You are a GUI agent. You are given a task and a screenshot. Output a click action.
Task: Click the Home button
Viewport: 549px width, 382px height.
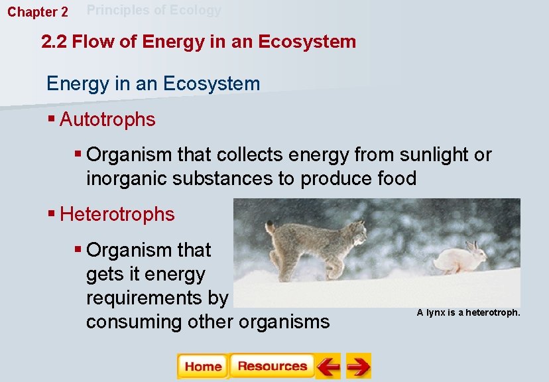pos(203,366)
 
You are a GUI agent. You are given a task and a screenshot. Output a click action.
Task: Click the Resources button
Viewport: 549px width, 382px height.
pos(272,366)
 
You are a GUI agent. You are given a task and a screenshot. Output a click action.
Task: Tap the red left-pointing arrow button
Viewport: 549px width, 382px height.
pos(328,366)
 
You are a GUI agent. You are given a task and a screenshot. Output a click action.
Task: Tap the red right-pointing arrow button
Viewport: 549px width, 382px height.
pos(359,366)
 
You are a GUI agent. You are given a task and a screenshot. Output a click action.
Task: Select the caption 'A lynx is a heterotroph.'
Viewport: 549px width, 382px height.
pos(468,312)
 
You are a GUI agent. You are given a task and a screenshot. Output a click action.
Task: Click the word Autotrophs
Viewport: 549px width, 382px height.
pos(107,120)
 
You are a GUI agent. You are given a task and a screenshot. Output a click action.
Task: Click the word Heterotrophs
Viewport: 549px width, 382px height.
pos(117,215)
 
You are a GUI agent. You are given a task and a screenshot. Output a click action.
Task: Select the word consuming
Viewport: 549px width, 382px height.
pos(125,322)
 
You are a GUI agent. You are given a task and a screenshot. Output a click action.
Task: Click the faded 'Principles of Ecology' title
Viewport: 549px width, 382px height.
pos(154,10)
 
